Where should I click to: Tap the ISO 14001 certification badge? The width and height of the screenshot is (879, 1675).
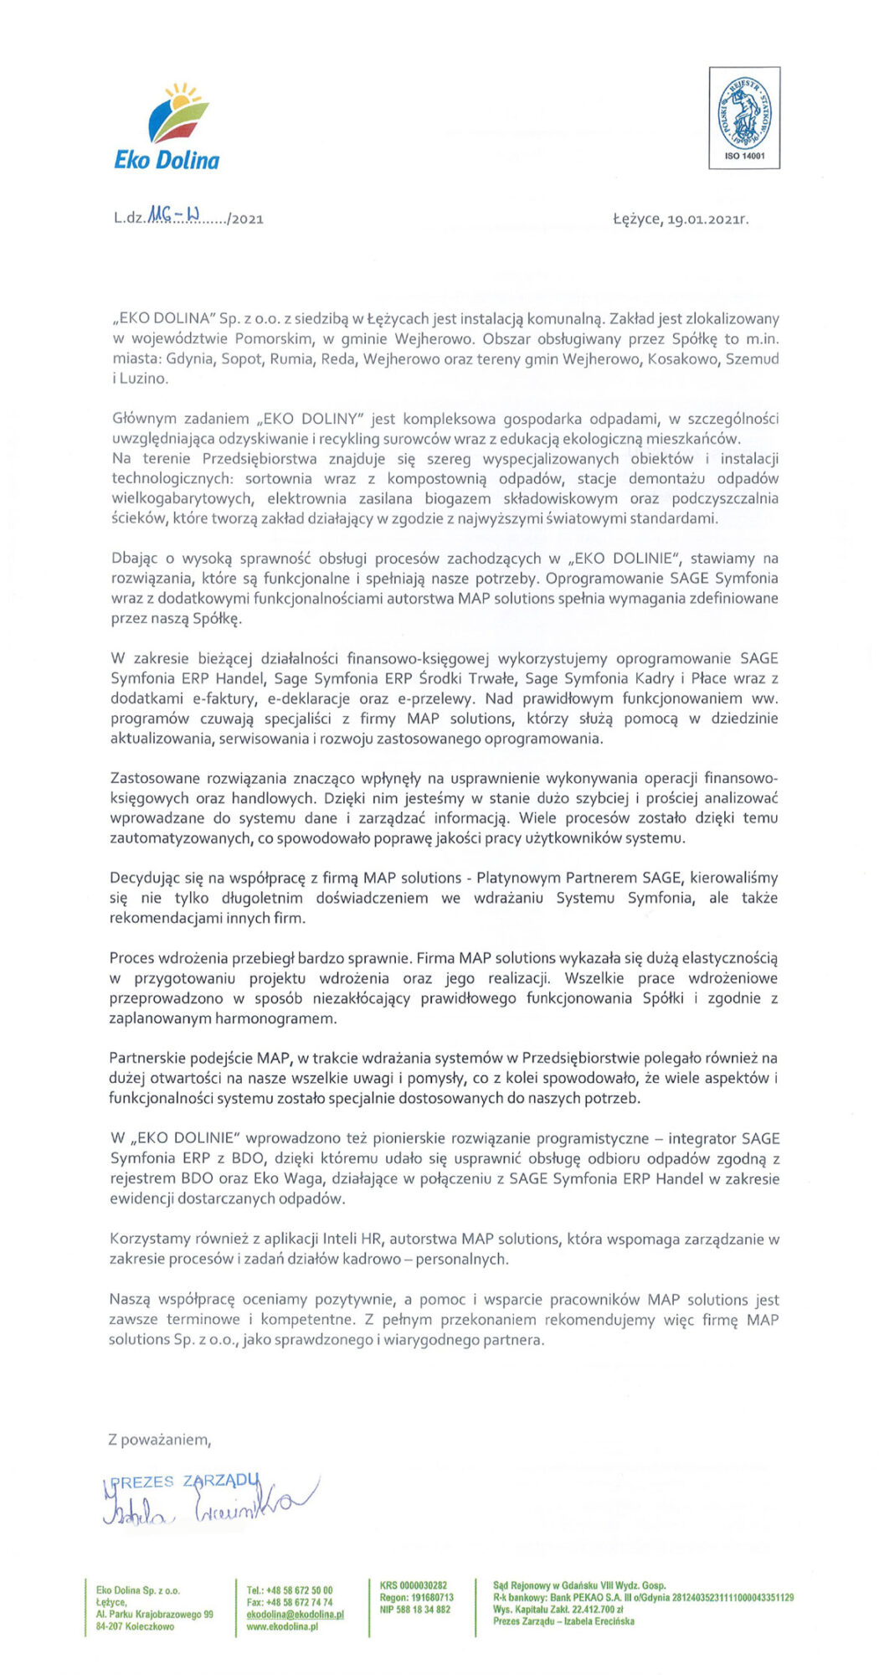coord(744,118)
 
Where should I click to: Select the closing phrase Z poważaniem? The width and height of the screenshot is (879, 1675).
coord(159,1440)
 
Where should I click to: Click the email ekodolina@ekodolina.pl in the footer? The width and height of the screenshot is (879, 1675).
coord(296,1614)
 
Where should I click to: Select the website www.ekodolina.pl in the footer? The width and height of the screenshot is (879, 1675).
coord(282,1626)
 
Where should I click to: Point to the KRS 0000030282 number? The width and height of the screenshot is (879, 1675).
coord(414,1585)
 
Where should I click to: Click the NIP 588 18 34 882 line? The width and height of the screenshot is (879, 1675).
coord(414,1609)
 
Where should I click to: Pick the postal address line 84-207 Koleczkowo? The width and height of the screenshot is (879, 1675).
coord(136,1626)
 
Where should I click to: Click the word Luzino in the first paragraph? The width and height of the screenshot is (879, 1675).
coord(143,379)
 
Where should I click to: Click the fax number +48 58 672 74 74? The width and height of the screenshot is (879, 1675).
coord(298,1602)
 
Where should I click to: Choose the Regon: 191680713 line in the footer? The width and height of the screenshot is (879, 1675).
coord(416,1597)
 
